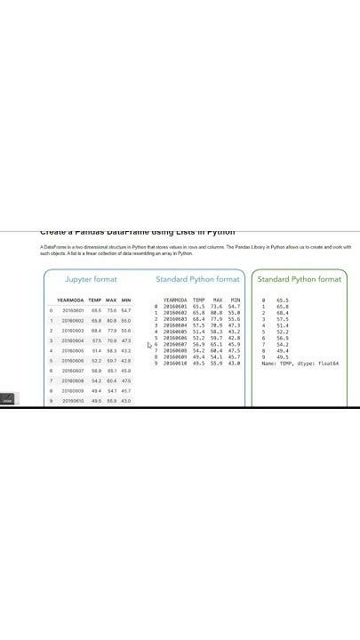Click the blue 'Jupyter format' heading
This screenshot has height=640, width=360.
(x=91, y=279)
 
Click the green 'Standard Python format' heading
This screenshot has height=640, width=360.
(x=299, y=279)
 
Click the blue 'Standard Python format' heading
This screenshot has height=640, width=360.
(x=197, y=279)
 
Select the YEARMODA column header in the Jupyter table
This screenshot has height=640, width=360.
(x=70, y=300)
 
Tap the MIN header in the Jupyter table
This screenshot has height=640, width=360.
(x=126, y=300)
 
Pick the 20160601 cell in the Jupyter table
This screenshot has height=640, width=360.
(x=73, y=310)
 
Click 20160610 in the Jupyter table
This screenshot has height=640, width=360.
(x=73, y=401)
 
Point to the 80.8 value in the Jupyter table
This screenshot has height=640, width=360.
(x=111, y=320)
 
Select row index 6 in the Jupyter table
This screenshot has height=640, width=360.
(x=51, y=371)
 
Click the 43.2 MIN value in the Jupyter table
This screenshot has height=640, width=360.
(x=126, y=350)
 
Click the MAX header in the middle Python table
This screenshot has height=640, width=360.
(x=215, y=300)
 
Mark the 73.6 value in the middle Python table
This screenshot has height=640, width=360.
(x=216, y=307)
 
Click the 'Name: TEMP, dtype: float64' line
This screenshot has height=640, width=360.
(x=300, y=364)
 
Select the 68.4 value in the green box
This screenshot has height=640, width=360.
(x=283, y=313)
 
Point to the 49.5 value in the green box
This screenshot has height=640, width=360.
(x=283, y=357)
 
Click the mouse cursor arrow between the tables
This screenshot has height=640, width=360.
(x=150, y=346)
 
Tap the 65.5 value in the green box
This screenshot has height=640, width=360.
(x=283, y=300)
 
